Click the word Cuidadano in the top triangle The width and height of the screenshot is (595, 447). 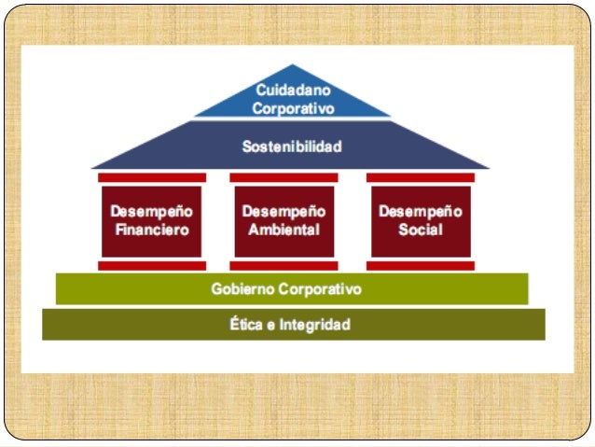pyautogui.click(x=293, y=91)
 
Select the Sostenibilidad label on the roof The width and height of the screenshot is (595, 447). pyautogui.click(x=292, y=147)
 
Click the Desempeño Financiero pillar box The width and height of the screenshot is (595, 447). pyautogui.click(x=151, y=220)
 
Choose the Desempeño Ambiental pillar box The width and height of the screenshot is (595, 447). pyautogui.click(x=284, y=220)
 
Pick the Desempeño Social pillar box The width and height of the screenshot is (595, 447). pyautogui.click(x=420, y=220)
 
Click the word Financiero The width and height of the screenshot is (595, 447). pyautogui.click(x=151, y=230)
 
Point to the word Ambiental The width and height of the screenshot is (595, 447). pyautogui.click(x=284, y=230)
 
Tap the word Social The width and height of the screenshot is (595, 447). pyautogui.click(x=420, y=230)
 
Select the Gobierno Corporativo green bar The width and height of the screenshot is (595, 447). pyautogui.click(x=292, y=289)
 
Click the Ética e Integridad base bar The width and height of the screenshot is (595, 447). pyautogui.click(x=293, y=325)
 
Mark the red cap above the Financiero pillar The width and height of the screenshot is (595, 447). pyautogui.click(x=152, y=177)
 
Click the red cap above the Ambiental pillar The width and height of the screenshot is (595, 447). pyautogui.click(x=284, y=177)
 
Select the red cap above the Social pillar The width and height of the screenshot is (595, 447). pyautogui.click(x=420, y=177)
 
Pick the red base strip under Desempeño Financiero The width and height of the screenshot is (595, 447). pyautogui.click(x=152, y=266)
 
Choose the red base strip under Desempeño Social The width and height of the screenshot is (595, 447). pyautogui.click(x=420, y=266)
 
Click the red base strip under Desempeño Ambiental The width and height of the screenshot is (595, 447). pyautogui.click(x=284, y=266)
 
